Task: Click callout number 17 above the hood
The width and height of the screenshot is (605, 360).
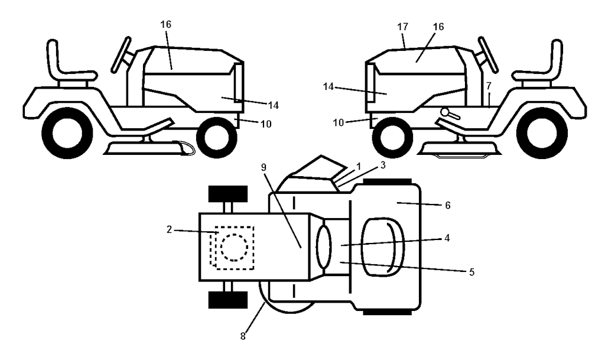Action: (402, 27)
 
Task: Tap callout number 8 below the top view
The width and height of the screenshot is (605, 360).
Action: (243, 336)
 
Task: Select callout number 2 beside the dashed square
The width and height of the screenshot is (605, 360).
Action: (169, 229)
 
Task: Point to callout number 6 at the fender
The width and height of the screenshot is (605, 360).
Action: (448, 205)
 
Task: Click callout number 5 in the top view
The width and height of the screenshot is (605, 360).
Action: (471, 272)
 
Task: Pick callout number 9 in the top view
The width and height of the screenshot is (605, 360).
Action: (264, 167)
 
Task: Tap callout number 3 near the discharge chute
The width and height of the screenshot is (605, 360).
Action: (383, 165)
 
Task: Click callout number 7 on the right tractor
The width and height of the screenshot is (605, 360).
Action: (489, 85)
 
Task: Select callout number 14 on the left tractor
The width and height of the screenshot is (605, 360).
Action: (273, 105)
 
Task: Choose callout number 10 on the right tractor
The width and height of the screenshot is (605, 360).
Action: (339, 123)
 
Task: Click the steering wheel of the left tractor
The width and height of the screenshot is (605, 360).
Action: (121, 55)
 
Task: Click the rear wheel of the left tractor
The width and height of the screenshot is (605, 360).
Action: (67, 133)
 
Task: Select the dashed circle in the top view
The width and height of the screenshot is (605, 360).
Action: (234, 247)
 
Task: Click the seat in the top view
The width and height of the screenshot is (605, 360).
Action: (382, 247)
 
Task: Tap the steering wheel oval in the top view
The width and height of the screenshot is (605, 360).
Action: (324, 247)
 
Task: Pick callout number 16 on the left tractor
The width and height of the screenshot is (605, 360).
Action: (166, 24)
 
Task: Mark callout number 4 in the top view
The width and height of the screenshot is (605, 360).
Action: (447, 238)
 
